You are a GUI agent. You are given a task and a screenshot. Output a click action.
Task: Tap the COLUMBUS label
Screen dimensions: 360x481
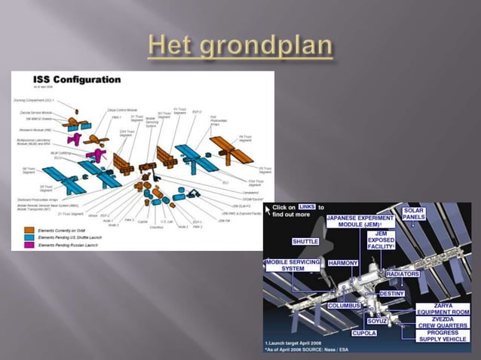(x=348, y=306)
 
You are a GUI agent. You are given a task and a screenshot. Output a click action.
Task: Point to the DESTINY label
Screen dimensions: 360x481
(x=394, y=293)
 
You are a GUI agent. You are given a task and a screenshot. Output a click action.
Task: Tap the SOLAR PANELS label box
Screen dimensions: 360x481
(x=413, y=214)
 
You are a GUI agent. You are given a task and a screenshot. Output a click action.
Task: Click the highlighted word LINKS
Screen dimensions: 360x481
(x=306, y=206)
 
